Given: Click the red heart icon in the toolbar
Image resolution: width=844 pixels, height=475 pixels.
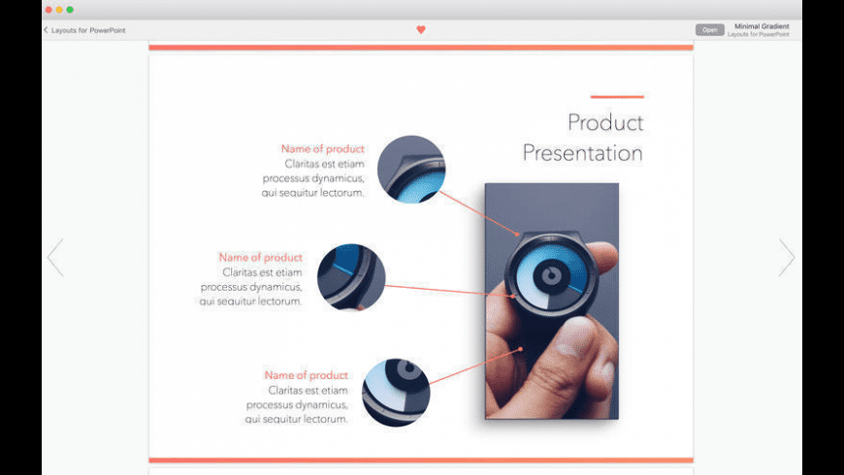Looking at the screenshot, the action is [x=421, y=30].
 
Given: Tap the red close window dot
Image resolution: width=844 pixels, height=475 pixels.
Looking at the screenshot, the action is [x=49, y=10].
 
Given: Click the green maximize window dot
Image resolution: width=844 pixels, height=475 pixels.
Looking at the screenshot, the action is [x=70, y=10].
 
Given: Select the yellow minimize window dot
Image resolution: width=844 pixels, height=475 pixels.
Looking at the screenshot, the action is [x=59, y=10].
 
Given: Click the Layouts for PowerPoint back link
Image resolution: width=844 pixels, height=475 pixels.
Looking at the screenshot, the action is [x=84, y=30].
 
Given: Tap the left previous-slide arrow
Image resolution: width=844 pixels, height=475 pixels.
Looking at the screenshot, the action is [x=55, y=258].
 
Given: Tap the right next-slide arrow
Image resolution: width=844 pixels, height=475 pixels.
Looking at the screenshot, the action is [x=787, y=258].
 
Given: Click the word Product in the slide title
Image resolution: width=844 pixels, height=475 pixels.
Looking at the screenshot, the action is [x=605, y=123].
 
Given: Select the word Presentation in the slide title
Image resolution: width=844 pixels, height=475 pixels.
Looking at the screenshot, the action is [x=583, y=153].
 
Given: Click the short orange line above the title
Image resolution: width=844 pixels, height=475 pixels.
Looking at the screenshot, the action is [x=617, y=97].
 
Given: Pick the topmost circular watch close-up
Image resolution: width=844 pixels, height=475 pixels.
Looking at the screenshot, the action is [x=411, y=169].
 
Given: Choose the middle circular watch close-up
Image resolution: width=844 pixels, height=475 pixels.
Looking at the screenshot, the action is [x=351, y=277].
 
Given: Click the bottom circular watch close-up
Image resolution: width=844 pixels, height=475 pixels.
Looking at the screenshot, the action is [x=396, y=393].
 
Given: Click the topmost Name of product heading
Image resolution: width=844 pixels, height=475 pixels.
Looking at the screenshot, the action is [x=322, y=148].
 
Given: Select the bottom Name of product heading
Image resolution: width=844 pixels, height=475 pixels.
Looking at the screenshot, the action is [x=306, y=375].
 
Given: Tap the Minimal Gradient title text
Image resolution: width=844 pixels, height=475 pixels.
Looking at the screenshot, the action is [x=762, y=26].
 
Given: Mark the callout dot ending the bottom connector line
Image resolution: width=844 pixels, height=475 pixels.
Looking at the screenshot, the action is [x=521, y=349].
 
